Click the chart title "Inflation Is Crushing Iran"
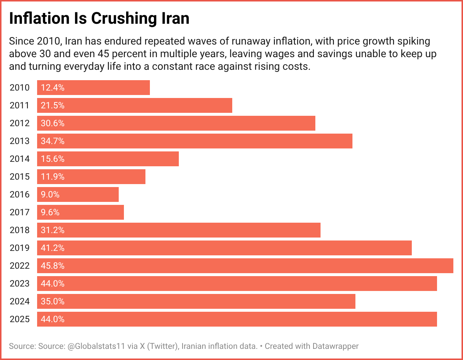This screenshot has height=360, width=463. (x=99, y=19)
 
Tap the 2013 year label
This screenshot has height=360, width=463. (x=19, y=141)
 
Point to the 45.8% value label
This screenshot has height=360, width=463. (x=53, y=266)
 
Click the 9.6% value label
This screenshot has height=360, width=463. (x=50, y=212)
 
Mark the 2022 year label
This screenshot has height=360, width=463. (x=19, y=266)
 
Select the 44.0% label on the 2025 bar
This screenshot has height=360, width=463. (x=53, y=319)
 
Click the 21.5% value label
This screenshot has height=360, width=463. (x=53, y=105)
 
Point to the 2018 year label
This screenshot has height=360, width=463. (x=19, y=230)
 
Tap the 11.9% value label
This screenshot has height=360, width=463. (x=53, y=177)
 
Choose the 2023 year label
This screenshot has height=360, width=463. (x=19, y=284)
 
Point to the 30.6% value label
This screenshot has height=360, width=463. (x=53, y=123)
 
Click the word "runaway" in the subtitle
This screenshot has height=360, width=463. (x=211, y=41)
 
